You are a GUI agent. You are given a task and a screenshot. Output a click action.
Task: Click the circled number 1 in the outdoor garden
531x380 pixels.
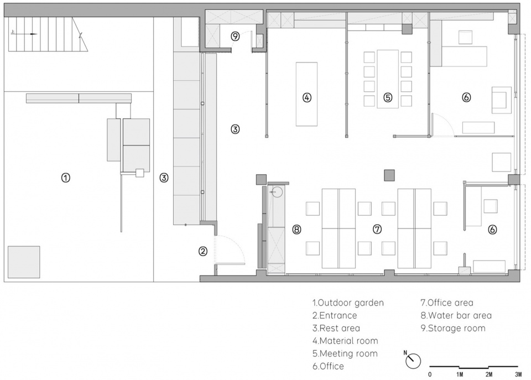coord(66,178)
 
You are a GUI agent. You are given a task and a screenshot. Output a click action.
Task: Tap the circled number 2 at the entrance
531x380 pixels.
coord(203,251)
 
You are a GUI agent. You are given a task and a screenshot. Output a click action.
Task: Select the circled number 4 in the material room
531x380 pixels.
coord(307,97)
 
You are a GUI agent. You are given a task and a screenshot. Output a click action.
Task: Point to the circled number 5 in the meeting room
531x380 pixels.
coord(388,97)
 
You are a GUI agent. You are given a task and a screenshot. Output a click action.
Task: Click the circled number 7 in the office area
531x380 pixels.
coord(377,230)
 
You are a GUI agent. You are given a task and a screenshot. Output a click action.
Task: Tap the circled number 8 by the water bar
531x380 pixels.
coord(296,230)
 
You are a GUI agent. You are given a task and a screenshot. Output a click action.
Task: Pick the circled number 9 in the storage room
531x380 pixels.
coord(236,36)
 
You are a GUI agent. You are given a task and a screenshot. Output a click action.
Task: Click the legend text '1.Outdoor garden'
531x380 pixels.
coord(348,303)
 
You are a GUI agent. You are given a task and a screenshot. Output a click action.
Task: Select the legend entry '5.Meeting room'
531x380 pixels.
coord(345,353)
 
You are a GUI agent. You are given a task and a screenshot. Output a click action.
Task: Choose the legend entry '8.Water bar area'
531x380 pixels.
coord(456,315)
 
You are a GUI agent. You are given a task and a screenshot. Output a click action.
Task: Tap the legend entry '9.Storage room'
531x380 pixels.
coord(453,328)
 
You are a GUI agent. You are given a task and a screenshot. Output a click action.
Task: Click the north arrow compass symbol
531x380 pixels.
coord(413,361)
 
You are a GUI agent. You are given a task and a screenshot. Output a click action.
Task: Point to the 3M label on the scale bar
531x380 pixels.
coord(518,374)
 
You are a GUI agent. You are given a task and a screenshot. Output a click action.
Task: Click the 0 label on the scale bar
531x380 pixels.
coord(430,374)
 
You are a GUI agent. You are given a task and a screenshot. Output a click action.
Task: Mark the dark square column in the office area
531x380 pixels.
coord(389,175)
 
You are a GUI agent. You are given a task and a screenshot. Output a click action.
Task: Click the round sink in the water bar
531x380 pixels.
coord(277,192)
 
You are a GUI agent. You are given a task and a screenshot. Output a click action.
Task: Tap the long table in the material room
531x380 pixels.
coord(307,94)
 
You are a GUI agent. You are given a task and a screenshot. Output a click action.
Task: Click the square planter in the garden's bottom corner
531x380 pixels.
coord(24,262)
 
